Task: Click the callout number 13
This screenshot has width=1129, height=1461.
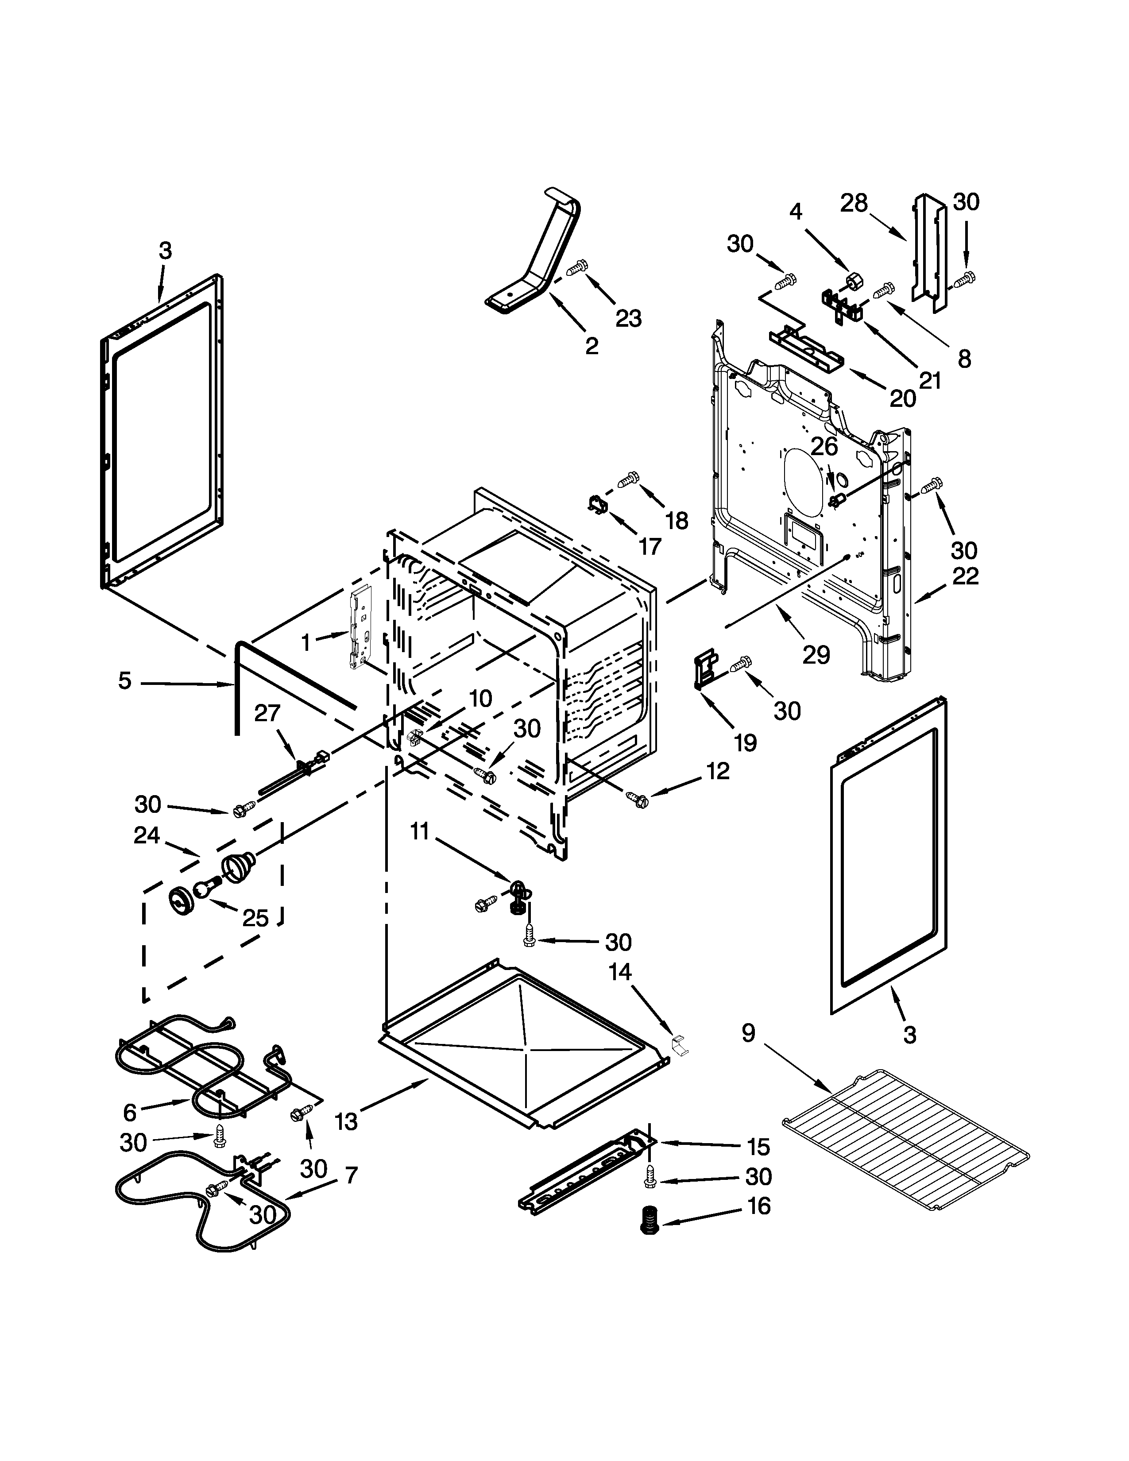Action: click(347, 1121)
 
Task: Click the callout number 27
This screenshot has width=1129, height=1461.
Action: click(267, 713)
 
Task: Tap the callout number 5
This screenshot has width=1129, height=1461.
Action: click(125, 681)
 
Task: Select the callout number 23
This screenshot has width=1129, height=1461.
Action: click(628, 318)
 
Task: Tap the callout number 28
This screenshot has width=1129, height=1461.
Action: click(854, 203)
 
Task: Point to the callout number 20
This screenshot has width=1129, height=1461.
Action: click(902, 398)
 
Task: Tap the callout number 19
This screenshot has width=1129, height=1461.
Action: click(745, 742)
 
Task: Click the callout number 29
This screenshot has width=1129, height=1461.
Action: click(816, 655)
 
